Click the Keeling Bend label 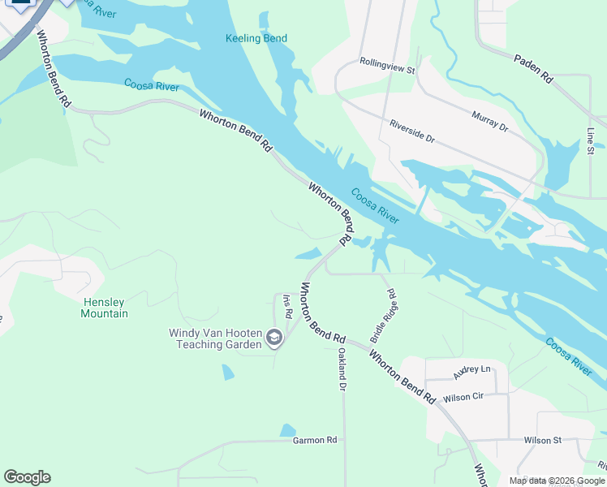coord(256,38)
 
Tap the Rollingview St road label coord(387,67)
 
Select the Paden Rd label coord(533,69)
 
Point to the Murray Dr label coord(490,122)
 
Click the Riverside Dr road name coord(411,131)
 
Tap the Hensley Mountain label coord(105,308)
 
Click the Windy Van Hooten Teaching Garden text coord(215,338)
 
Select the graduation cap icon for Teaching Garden coord(274,338)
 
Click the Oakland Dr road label coord(342,370)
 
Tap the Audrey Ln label coord(472,372)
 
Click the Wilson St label coord(542,440)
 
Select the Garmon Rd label coord(314,440)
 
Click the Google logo coord(27,477)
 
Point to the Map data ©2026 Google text coord(557,481)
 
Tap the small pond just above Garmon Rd coord(287,430)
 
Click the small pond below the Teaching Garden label coord(227,373)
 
